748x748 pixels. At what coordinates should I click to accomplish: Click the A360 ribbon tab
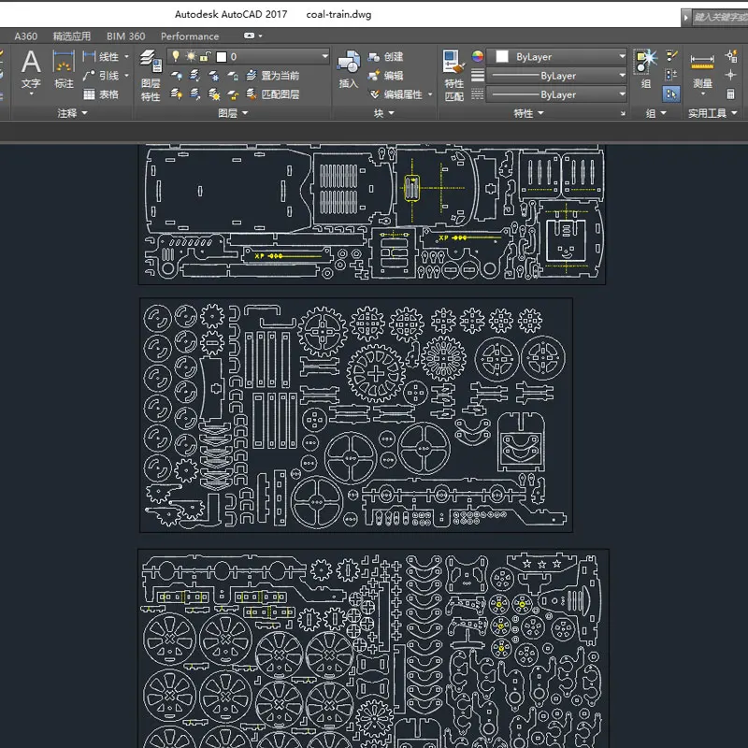pos(25,36)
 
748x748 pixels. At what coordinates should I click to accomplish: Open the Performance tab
pos(190,36)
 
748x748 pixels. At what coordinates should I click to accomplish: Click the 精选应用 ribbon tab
pos(72,36)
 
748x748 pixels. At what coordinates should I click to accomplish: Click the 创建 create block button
pos(386,57)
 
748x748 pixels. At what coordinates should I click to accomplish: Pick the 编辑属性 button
pos(396,94)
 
